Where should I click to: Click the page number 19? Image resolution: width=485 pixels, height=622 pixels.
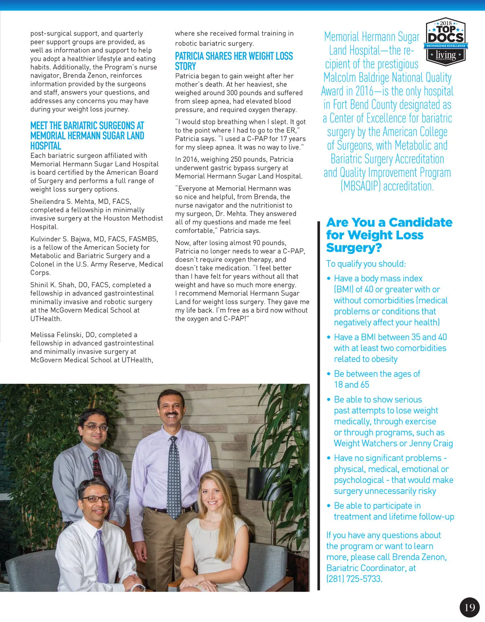470,607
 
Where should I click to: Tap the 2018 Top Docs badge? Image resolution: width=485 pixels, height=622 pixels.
445,42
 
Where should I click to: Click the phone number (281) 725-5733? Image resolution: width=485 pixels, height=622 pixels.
354,579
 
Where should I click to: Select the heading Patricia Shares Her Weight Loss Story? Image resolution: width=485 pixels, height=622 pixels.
234,61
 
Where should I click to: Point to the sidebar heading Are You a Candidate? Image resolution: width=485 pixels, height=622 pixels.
389,235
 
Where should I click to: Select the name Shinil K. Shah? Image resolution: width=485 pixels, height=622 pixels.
61,285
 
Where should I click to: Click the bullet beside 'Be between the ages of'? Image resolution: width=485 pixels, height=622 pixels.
329,374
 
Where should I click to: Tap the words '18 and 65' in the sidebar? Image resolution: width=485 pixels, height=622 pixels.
351,385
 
